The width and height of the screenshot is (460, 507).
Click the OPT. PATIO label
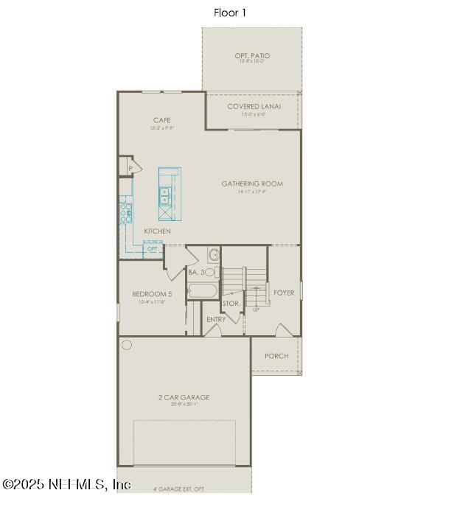point(252,56)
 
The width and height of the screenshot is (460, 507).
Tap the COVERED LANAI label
point(253,107)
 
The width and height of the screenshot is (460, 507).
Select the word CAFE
point(162,120)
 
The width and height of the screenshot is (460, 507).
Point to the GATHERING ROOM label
point(252,184)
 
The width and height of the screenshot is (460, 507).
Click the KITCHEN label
point(157,231)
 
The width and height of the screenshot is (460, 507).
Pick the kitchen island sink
point(164,197)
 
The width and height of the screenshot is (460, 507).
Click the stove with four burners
point(126,213)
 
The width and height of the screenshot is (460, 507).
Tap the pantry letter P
point(130,169)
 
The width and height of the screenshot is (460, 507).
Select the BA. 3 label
point(196,273)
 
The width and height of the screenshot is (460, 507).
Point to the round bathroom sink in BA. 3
point(214,256)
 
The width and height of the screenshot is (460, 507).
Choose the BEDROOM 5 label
point(153,294)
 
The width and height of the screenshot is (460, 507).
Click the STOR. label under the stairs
point(231,303)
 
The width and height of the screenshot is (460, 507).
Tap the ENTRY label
point(216,320)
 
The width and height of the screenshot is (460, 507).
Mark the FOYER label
point(284,293)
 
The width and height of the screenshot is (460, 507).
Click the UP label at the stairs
point(256,310)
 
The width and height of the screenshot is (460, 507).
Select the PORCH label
point(276,356)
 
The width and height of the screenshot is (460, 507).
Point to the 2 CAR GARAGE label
point(184,398)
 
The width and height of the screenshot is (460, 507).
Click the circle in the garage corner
point(127,345)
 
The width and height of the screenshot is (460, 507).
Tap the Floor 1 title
point(230,13)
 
